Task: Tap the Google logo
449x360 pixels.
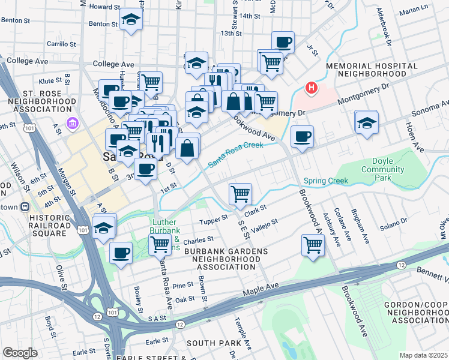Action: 20,353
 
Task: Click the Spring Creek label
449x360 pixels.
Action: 325,181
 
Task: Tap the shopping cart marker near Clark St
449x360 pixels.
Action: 240,193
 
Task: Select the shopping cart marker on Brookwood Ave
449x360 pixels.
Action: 313,244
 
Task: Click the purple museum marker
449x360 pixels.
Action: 73,124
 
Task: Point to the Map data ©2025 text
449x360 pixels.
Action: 423,355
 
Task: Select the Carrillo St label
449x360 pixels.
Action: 61,44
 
